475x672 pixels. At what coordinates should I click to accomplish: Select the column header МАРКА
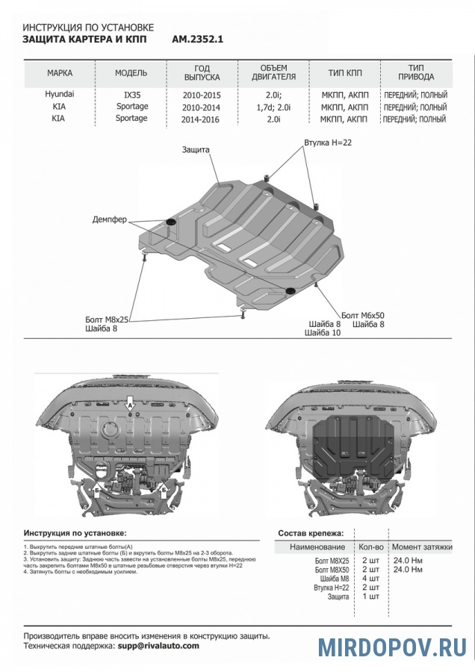pos(60,73)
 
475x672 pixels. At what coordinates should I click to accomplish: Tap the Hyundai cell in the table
pos(60,95)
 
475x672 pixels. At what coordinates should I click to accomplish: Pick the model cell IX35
pos(131,96)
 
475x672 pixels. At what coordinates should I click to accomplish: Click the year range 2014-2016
pos(202,119)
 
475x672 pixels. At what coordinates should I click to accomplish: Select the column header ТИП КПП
pos(344,73)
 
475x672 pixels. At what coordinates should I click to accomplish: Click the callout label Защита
pos(196,149)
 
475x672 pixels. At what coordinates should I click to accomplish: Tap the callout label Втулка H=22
pos(327,141)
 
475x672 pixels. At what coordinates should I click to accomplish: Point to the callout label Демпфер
pos(110,220)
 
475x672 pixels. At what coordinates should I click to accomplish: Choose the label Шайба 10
pos(323,333)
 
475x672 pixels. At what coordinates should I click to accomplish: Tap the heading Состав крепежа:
pos(311,533)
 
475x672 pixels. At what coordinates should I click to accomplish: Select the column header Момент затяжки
pos(422,547)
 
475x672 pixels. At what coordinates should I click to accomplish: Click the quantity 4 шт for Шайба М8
pos(370,578)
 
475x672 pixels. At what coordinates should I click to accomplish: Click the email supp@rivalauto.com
pos(158,645)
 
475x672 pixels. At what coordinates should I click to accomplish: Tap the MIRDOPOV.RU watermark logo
pos(393,647)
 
